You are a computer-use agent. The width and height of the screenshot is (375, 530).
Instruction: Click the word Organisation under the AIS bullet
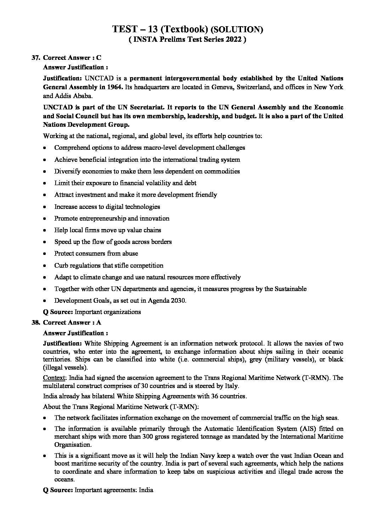73,444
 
